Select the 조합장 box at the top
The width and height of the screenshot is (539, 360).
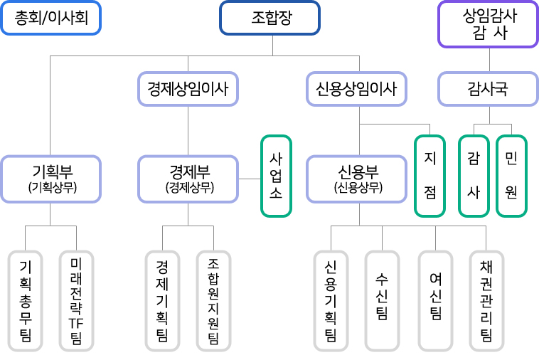(x=269, y=18)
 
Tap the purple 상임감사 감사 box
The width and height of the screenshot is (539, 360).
(x=489, y=24)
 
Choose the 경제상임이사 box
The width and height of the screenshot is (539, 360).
(x=188, y=89)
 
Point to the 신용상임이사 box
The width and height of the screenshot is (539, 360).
(x=356, y=89)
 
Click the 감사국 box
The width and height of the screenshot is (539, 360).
(x=487, y=89)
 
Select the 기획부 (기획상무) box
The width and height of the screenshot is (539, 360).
(x=51, y=179)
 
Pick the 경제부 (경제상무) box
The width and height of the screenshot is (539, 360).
(x=188, y=179)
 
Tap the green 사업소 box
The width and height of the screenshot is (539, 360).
(x=276, y=176)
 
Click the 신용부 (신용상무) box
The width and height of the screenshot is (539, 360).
(x=358, y=179)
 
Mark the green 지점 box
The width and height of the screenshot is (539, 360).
(x=429, y=176)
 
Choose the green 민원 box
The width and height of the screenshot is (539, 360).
(x=511, y=176)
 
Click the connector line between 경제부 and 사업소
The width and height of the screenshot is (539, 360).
(x=250, y=179)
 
